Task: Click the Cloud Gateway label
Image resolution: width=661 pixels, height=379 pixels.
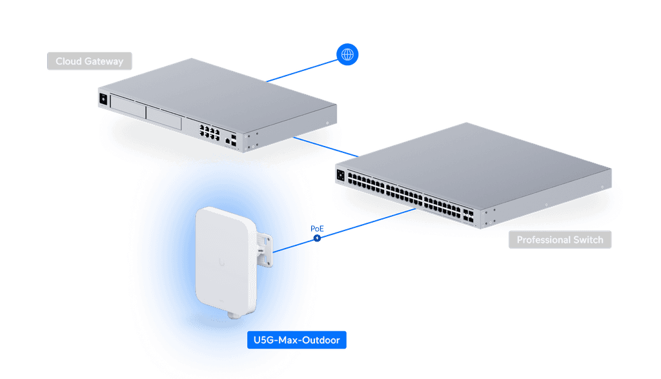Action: (x=89, y=61)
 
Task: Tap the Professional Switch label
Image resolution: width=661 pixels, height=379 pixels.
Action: (x=560, y=240)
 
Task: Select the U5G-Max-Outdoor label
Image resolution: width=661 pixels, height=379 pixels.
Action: (x=297, y=340)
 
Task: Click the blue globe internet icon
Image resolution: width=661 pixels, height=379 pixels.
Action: (x=347, y=54)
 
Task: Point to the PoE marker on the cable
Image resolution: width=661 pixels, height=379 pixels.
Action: (x=317, y=238)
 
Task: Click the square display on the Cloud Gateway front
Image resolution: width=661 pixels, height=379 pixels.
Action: (x=103, y=99)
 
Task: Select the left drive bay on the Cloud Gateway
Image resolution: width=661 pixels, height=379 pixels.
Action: (x=127, y=105)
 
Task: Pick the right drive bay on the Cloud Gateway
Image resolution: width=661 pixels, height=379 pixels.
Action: (x=164, y=117)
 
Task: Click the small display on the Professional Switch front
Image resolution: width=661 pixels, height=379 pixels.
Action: (x=340, y=173)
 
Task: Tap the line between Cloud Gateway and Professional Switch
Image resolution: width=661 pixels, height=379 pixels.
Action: (x=323, y=145)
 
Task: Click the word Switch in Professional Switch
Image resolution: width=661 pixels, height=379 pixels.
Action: (x=588, y=240)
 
